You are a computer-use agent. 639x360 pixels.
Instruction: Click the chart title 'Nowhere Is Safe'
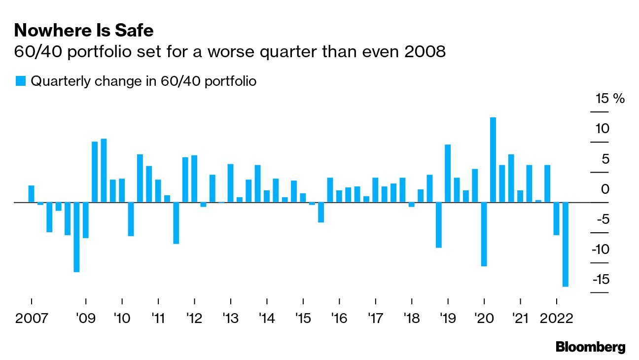84,31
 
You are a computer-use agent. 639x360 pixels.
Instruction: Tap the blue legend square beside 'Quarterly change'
21,81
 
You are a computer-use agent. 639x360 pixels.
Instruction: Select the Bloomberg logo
590,347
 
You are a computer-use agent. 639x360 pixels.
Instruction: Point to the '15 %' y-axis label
610,99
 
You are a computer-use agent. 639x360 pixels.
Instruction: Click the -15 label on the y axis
601,280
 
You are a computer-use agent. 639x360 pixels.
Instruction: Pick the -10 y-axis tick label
601,250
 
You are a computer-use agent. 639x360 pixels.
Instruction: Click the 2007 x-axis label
32,318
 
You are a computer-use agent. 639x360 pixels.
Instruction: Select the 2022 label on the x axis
556,318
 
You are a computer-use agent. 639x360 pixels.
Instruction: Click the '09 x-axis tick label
86,318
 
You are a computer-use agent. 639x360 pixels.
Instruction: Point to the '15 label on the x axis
303,318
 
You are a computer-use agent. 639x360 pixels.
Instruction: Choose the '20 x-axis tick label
484,318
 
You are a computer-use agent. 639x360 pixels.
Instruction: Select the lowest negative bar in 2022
566,244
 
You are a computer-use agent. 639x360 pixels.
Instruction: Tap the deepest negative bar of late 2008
76,237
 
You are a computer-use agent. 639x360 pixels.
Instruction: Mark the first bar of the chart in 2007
32,194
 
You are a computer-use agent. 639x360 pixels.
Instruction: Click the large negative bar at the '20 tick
484,234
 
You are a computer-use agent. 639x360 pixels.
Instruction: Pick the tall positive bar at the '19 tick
448,173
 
